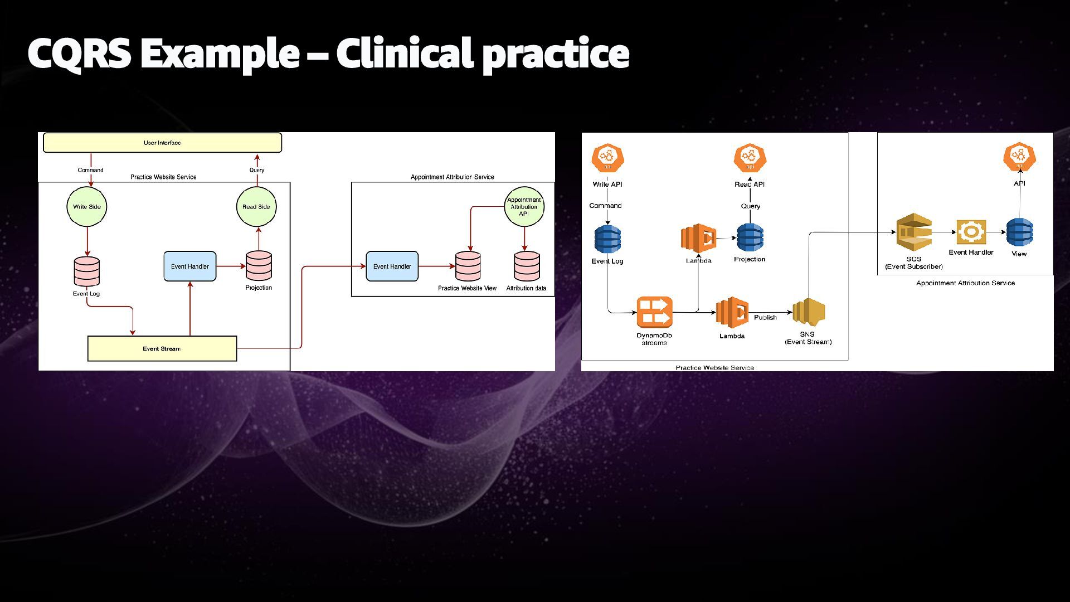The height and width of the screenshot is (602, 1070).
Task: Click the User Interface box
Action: tap(162, 143)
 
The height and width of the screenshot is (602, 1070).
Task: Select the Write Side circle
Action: tap(87, 207)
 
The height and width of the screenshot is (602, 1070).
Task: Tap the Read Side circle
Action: tap(256, 207)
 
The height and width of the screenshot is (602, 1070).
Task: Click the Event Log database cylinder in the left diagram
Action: tap(87, 272)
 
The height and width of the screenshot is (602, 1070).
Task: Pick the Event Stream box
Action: tap(162, 348)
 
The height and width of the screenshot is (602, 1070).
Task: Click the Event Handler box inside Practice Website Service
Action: tap(190, 266)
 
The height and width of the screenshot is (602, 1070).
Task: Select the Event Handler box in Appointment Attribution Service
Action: tap(392, 266)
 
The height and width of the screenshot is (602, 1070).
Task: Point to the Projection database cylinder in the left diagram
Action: tap(259, 266)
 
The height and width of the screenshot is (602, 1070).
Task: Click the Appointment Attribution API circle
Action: tap(524, 207)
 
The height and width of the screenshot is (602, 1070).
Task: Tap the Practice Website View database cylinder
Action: tap(468, 266)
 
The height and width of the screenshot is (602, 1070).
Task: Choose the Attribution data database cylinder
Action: tap(527, 266)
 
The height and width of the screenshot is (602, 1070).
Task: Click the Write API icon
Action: tap(607, 159)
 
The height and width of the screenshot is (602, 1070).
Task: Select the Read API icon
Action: tap(750, 159)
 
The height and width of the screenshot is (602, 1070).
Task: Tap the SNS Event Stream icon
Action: tap(809, 313)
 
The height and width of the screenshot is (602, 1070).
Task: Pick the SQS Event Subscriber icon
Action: tap(914, 232)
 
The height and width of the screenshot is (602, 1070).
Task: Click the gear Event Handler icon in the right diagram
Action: tap(971, 232)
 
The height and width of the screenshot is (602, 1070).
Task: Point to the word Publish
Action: tap(765, 317)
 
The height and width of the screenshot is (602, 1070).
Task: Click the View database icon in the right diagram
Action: tap(1019, 232)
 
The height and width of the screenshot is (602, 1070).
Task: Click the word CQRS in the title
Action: tap(79, 54)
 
